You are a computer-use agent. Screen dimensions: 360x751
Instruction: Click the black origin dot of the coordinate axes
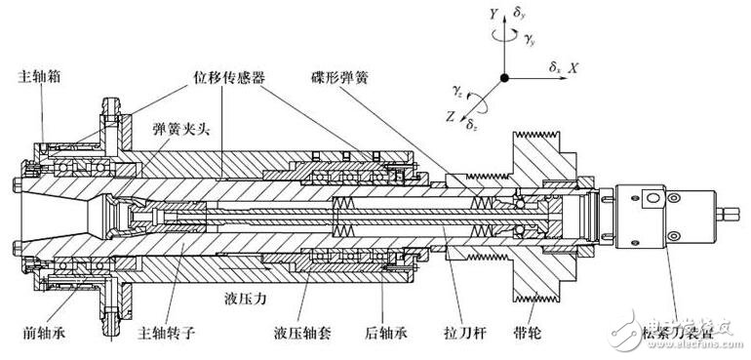pyautogui.click(x=503, y=77)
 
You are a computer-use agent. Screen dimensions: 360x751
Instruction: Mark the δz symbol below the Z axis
pyautogui.click(x=470, y=125)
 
